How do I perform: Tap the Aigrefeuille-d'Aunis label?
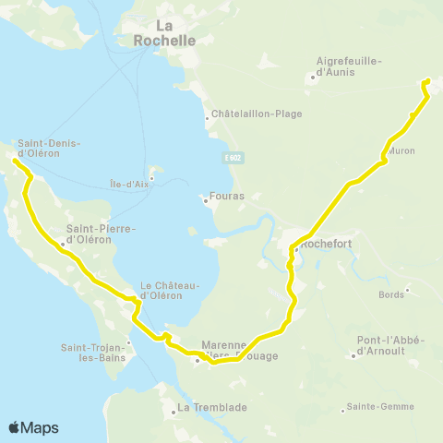click(x=349, y=66)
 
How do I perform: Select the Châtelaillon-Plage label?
click(x=257, y=114)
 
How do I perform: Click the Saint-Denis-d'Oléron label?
click(x=50, y=148)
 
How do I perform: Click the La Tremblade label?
click(x=208, y=407)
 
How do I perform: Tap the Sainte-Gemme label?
click(x=375, y=406)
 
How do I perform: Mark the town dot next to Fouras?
click(x=205, y=198)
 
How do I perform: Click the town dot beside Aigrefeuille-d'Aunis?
click(x=314, y=77)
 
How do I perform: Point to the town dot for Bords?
click(x=407, y=288)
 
